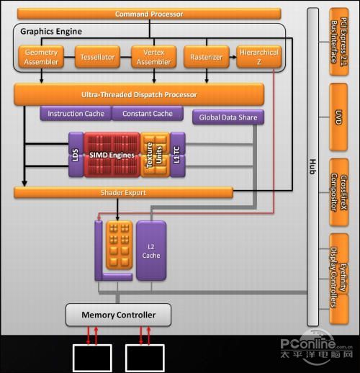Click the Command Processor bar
tap(149, 14)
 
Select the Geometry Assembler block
tap(41, 57)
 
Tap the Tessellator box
tap(97, 57)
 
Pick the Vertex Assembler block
tap(154, 57)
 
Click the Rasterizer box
tap(207, 57)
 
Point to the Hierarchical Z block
tap(259, 57)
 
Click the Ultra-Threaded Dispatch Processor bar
tap(139, 94)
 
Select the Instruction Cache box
tap(76, 114)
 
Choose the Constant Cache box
tap(148, 114)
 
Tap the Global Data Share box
tap(228, 117)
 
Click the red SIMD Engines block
tap(112, 155)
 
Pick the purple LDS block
tap(76, 155)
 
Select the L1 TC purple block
tap(178, 155)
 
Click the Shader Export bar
tap(123, 193)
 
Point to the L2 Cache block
tap(151, 251)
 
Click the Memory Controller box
tap(118, 315)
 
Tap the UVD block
tap(338, 117)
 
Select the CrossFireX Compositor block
tap(338, 192)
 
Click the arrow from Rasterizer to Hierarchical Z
tap(233, 57)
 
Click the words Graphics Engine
tap(51, 32)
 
